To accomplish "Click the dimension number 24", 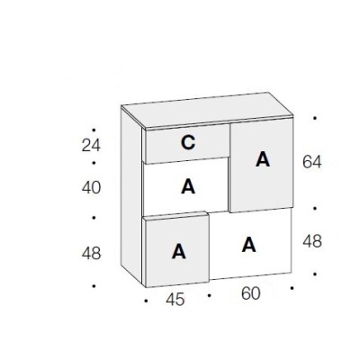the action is pos(91,146).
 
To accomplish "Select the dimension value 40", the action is pos(91,188).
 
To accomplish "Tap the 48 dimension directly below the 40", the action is pos(91,254).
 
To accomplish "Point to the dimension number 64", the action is pos(312,162).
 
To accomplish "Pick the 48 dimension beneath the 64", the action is pos(312,241).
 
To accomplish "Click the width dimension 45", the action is pos(175,300).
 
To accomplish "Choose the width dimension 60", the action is pos(250,293).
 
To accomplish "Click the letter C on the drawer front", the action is pos(188,143).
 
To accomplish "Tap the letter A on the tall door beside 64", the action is pos(263,159).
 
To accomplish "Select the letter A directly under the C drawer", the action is pos(188,186).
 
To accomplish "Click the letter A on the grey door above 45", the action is pos(179,251).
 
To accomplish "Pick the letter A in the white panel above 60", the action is pos(249,245).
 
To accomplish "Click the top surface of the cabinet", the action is pos(207,110).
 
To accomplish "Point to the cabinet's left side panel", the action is pos(131,195).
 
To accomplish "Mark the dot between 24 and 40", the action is pos(94,163).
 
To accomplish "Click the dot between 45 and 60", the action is pos(209,295).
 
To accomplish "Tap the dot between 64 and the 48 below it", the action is pos(315,208).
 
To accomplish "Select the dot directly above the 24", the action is pos(94,130).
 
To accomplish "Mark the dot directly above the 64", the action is pos(315,118).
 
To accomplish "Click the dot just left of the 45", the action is pos(146,301).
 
